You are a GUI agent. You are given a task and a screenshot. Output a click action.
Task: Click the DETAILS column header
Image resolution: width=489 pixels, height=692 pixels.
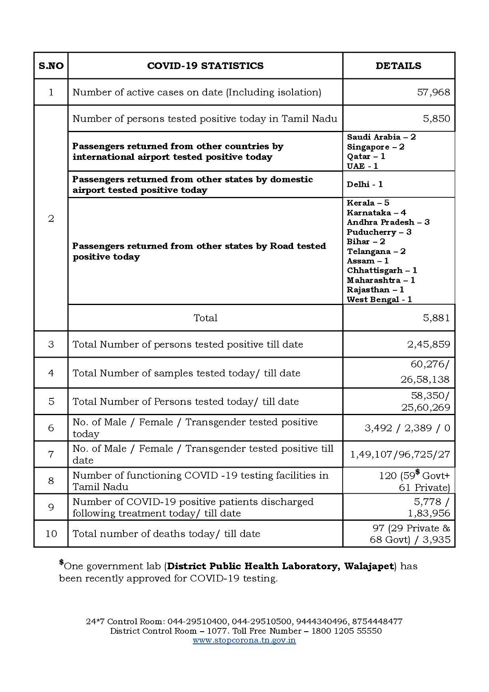[398, 66]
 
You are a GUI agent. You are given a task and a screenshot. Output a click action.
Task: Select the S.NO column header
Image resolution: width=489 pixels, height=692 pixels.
[51, 66]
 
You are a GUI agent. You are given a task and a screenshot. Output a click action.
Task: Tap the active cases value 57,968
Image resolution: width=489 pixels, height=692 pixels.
[433, 92]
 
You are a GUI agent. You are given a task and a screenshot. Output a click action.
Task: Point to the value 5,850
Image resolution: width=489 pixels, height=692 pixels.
[436, 119]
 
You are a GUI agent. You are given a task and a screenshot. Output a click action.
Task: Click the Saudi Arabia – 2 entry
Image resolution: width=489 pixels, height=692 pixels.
[381, 137]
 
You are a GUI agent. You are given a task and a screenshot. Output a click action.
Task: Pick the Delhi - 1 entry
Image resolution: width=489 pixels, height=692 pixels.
[365, 184]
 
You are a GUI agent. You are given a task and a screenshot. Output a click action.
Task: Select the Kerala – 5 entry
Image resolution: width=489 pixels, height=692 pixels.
[368, 203]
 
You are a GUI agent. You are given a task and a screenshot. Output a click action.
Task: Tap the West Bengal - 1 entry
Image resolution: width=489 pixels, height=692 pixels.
[379, 299]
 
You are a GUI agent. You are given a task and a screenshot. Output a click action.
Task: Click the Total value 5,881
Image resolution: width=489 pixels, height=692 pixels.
[436, 318]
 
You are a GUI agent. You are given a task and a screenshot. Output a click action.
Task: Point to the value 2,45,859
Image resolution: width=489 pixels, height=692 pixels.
[428, 344]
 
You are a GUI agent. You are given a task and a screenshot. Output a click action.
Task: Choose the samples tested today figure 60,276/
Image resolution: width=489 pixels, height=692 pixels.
[430, 364]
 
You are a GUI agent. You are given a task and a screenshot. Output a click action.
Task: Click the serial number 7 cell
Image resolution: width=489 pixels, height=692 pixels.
[51, 454]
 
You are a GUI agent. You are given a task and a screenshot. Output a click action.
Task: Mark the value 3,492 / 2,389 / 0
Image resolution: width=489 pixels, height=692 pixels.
[407, 428]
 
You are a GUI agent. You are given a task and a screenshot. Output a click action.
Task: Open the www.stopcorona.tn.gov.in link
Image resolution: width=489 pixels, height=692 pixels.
[244, 640]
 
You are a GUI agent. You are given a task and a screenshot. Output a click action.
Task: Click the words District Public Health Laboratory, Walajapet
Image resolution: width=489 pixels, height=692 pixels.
[280, 566]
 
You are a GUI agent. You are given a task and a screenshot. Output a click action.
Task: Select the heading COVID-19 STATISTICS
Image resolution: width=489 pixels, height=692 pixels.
[205, 66]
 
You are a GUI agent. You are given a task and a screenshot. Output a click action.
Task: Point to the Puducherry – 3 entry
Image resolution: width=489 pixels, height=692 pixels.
[379, 232]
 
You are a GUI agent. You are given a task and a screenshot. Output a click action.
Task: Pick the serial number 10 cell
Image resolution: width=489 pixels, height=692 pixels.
[51, 533]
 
